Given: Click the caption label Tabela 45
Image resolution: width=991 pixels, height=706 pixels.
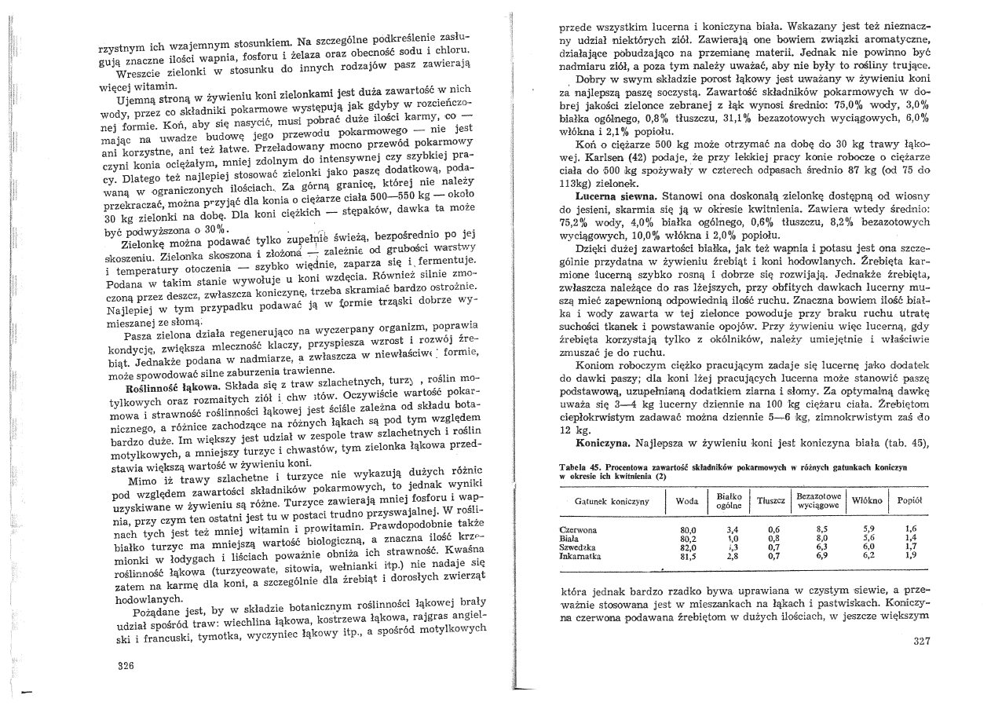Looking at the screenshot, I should point(577,467).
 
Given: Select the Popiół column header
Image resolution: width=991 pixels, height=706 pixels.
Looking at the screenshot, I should point(909,500).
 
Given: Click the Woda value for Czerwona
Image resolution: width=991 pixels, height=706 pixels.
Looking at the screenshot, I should point(689,529).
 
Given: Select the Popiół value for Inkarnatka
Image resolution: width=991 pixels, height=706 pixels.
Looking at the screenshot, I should point(910,555).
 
